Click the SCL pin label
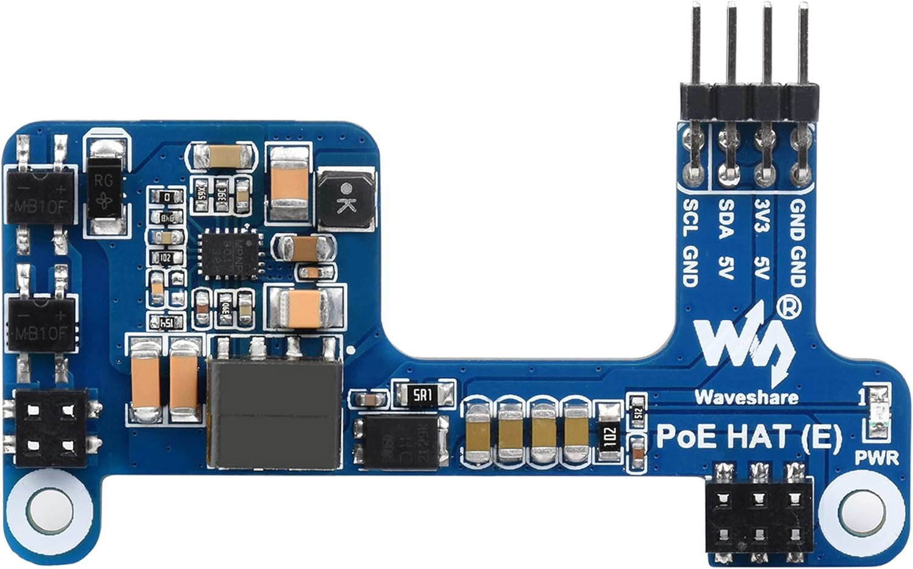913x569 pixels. [x=691, y=218]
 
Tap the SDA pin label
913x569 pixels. [x=726, y=218]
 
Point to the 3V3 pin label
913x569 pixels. [x=761, y=216]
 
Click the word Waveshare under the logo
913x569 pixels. [x=746, y=397]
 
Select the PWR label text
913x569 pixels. [x=876, y=458]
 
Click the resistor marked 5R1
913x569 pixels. [x=424, y=395]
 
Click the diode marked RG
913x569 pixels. [x=104, y=187]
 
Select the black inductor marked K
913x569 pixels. [x=345, y=200]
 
